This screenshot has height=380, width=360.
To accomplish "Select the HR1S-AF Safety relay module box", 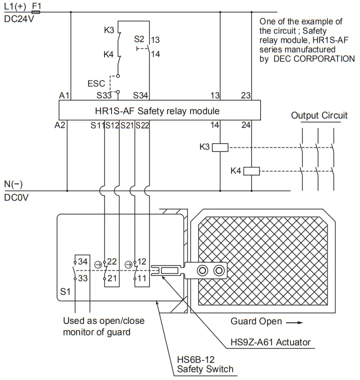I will [159, 110].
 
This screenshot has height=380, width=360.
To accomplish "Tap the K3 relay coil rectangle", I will [220, 147].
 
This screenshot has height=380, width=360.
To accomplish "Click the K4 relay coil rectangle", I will [251, 171].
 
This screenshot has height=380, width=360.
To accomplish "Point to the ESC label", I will [96, 83].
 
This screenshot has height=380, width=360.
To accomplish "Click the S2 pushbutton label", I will [139, 39].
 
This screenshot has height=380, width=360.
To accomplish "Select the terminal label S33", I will [104, 95].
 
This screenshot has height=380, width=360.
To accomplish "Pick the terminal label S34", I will [141, 95].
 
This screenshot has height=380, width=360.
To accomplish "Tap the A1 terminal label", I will [63, 95].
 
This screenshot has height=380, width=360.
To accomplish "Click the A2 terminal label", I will [60, 125].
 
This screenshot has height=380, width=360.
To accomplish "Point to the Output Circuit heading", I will [319, 115].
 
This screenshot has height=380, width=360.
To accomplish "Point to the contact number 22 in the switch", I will [112, 262].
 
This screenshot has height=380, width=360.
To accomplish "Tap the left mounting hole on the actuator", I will [202, 270].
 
